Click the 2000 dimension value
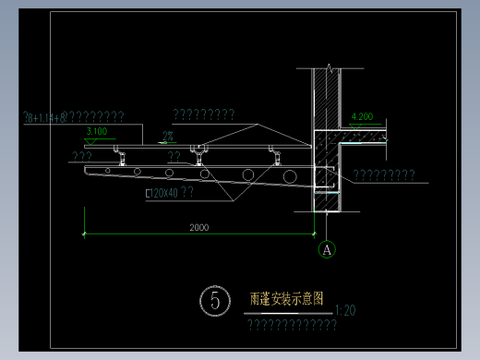click(x=198, y=227)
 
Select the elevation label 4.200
click(x=363, y=117)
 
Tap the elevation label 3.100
click(x=96, y=132)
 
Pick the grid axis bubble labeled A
click(x=326, y=248)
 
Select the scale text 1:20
click(x=347, y=310)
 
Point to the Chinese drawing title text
click(x=287, y=299)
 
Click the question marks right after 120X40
click(x=186, y=193)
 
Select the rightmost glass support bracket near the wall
click(x=272, y=150)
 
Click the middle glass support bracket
click(x=196, y=150)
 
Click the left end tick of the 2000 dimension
click(x=85, y=234)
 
